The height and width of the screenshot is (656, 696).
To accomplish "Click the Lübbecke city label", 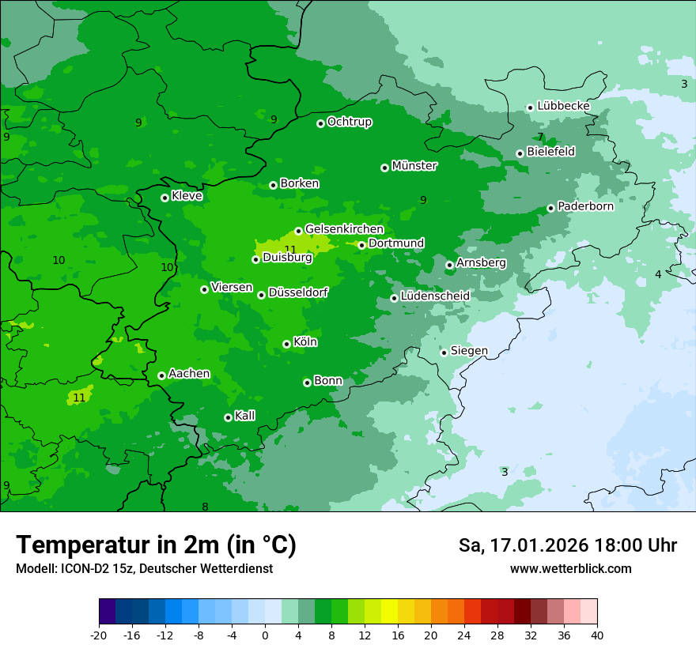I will click(x=563, y=106).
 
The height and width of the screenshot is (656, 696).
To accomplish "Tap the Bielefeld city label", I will click(x=550, y=152).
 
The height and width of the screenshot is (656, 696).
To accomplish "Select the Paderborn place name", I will click(x=585, y=206).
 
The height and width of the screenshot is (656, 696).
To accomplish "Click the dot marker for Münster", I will click(x=385, y=168).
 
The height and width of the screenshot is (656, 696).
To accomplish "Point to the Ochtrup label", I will click(x=349, y=122).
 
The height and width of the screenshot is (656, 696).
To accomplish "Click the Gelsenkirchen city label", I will click(x=344, y=229).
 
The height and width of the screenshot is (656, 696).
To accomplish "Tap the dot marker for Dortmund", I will click(x=361, y=245).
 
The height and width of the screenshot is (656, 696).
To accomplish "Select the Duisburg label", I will click(x=287, y=258).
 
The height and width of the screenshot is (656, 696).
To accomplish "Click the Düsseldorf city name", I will click(x=298, y=293).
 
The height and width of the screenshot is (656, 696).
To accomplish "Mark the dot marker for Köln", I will click(x=286, y=344).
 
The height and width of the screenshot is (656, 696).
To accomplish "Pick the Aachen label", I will click(x=189, y=374).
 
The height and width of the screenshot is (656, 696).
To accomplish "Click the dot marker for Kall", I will click(x=228, y=417).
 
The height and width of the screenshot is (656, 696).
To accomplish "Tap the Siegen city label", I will click(x=469, y=351).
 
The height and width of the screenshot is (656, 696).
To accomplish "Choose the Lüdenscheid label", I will click(x=435, y=296).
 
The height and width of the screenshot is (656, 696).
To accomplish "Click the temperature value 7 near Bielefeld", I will click(x=541, y=137).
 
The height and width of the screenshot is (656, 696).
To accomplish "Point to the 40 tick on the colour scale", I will click(x=597, y=635).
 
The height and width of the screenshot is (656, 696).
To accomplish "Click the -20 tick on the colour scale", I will click(x=99, y=635).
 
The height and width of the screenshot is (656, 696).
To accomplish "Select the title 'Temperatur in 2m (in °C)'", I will click(x=156, y=545).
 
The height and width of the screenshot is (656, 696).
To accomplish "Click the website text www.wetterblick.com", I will click(x=570, y=569).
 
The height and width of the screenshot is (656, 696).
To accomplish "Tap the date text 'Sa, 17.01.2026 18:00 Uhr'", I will click(x=567, y=545).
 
